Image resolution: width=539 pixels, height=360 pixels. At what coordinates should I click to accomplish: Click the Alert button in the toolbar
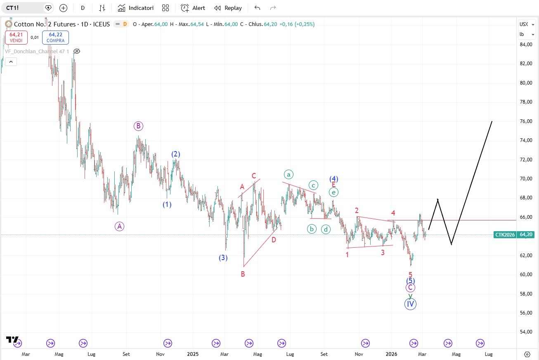click(x=193, y=8)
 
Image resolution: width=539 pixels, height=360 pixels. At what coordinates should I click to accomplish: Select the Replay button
click(x=228, y=8)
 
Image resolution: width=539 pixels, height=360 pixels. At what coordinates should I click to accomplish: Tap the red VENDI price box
click(x=16, y=38)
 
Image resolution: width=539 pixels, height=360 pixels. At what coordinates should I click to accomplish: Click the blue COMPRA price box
click(x=55, y=38)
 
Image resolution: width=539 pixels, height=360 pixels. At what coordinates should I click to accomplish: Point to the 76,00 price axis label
click(x=526, y=121)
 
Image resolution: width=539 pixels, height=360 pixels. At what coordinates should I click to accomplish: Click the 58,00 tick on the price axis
click(x=526, y=294)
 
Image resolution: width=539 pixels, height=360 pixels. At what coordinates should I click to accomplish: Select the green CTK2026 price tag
click(x=505, y=234)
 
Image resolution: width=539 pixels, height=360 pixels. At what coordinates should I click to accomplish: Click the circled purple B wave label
click(x=138, y=126)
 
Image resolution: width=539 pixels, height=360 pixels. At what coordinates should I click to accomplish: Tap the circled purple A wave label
click(x=119, y=226)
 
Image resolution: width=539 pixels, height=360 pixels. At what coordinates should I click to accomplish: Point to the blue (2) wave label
click(x=176, y=154)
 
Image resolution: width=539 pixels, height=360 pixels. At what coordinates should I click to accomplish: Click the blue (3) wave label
click(x=223, y=258)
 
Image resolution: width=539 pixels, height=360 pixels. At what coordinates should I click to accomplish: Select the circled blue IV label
click(x=410, y=304)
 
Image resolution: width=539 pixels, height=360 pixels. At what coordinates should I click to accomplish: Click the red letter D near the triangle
click(x=274, y=239)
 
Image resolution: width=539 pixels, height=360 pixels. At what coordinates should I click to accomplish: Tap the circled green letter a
click(x=288, y=174)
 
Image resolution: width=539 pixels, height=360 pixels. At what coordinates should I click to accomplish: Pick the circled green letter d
click(x=326, y=229)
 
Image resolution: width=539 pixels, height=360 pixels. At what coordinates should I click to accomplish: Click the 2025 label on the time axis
click(x=193, y=354)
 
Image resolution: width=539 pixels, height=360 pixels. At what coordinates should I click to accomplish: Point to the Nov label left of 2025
click(x=161, y=354)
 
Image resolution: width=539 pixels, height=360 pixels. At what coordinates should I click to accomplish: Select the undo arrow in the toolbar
click(x=257, y=8)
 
